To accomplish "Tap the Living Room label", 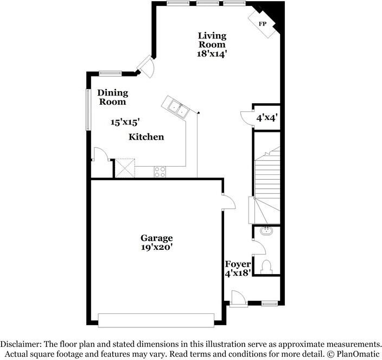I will [211, 40].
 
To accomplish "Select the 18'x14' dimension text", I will [211, 54].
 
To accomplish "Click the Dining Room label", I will [112, 97].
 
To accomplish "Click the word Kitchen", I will [146, 137].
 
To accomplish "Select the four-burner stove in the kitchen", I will [160, 172].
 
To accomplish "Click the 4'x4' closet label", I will [267, 117].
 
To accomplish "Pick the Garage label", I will [157, 238].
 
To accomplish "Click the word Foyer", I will [237, 264].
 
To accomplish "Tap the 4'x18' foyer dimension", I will [237, 273].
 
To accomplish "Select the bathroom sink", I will [266, 231].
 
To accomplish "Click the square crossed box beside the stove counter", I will [124, 167].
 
